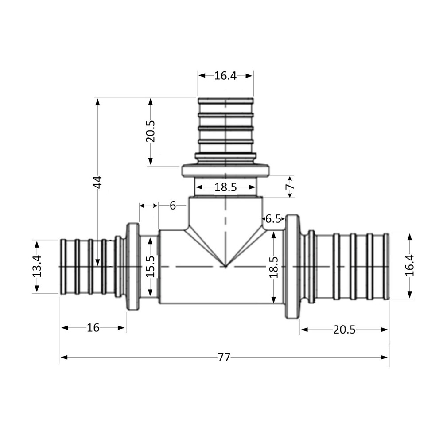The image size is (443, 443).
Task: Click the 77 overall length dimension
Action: (x=224, y=357)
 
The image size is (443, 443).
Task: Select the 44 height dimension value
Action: (x=98, y=182)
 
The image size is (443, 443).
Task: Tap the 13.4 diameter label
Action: (x=37, y=266)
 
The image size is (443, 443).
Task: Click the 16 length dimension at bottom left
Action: (x=93, y=328)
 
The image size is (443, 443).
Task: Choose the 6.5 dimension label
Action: (x=274, y=218)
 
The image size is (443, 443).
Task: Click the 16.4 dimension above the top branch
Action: (x=225, y=76)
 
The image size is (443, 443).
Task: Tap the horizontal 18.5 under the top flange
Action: (x=225, y=187)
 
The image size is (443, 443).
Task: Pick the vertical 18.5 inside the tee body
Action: (x=275, y=267)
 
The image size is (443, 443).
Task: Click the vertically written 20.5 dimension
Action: (x=151, y=131)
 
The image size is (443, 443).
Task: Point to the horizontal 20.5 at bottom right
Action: (x=344, y=329)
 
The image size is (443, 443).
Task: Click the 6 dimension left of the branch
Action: (x=172, y=206)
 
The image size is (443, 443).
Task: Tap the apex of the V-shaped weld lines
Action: (x=225, y=267)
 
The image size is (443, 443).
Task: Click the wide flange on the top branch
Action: (x=225, y=171)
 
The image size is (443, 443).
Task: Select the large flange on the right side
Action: (x=291, y=267)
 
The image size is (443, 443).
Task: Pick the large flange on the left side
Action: (x=132, y=267)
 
